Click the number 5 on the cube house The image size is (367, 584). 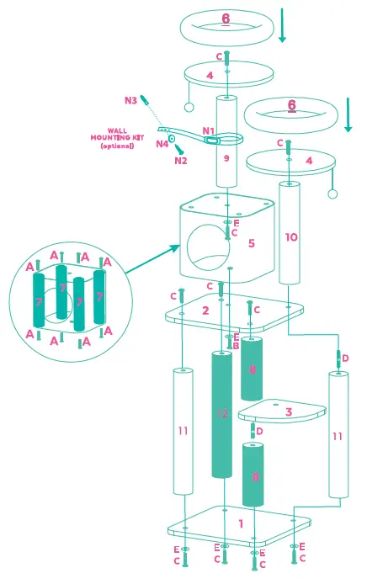tap(250, 243)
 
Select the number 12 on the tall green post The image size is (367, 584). tap(222, 413)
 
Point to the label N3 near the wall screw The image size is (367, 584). tap(130, 101)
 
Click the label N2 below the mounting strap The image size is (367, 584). tap(181, 160)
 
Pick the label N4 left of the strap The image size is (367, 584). tap(162, 144)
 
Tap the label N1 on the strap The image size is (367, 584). tap(208, 131)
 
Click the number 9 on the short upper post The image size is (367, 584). tap(226, 157)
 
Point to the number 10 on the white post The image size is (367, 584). tap(290, 237)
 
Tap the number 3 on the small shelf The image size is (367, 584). tap(288, 412)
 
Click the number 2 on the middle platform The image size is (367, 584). tap(205, 311)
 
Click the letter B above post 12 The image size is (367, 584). tap(235, 345)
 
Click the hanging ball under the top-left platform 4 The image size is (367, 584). tap(189, 107)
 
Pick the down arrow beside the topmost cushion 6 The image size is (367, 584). tap(283, 26)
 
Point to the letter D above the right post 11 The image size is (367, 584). tap(345, 358)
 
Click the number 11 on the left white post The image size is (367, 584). tap(183, 432)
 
